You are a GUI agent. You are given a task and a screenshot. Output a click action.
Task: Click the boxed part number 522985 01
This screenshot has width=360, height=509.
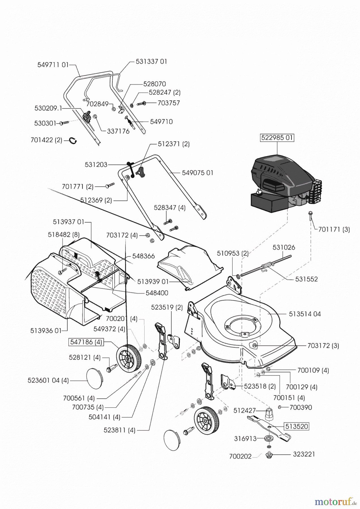coord(277,138)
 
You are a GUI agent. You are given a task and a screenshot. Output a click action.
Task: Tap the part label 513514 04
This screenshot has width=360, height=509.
coord(305,314)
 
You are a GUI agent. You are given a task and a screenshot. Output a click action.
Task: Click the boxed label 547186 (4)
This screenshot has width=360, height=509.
coord(86,342)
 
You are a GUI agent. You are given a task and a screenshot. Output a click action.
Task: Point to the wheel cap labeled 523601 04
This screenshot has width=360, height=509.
coord(95,378)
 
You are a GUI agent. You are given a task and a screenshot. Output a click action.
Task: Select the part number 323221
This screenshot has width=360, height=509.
coord(303,454)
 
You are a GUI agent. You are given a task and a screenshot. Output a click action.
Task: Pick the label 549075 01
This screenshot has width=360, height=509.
coord(198,172)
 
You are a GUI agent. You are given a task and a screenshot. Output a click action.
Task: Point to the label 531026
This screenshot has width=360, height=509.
coord(284,247)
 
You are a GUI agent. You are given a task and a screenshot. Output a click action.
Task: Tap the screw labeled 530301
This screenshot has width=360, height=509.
coord(64,123)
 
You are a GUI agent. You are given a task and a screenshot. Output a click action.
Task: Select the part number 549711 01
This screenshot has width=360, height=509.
coord(53,65)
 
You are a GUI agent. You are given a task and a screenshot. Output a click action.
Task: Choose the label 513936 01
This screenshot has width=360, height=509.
coord(46,331)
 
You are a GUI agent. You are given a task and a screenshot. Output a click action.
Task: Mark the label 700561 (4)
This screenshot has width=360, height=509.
coord(79,398)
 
